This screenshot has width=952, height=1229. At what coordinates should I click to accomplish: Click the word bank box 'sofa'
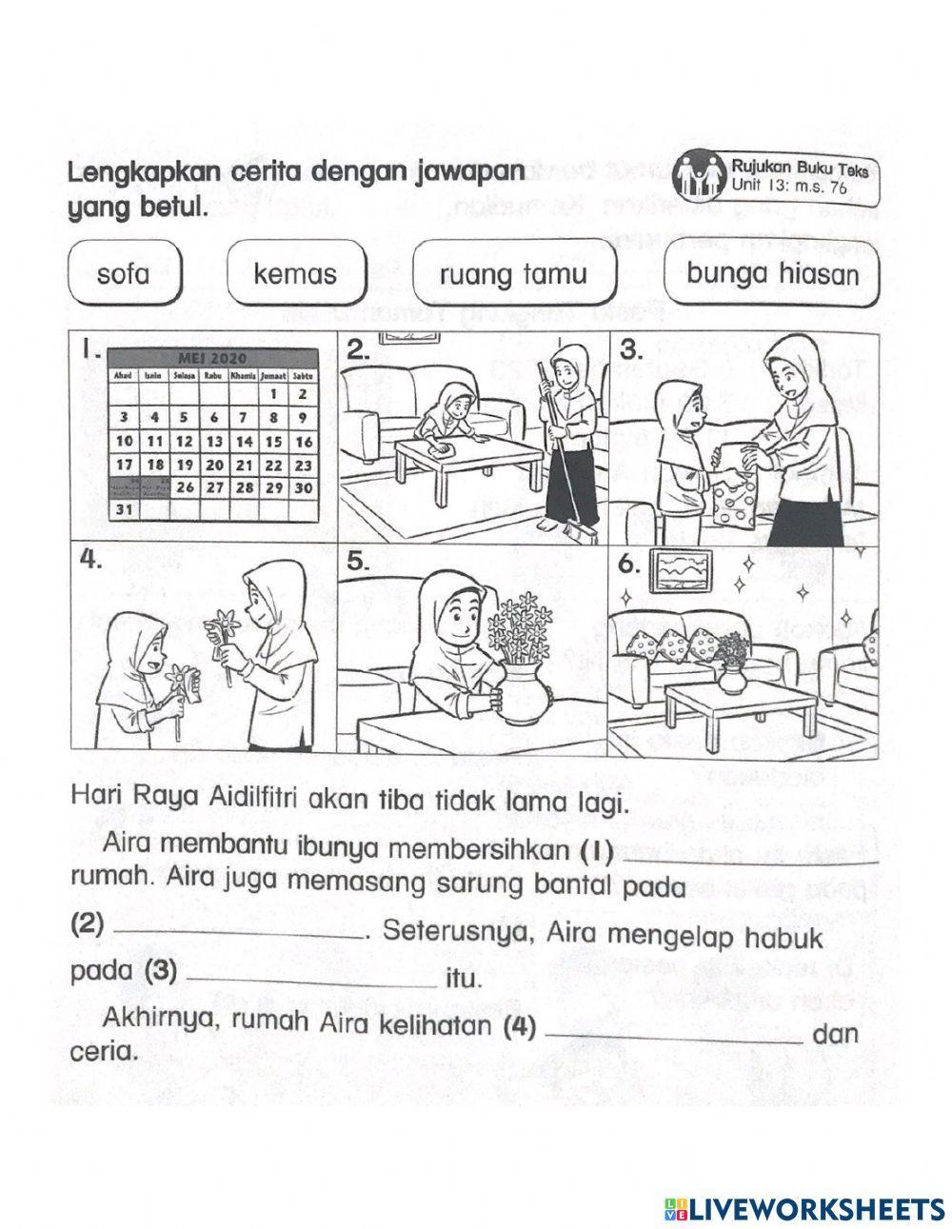(124, 274)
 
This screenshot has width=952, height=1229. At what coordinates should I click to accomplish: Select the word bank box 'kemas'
(295, 274)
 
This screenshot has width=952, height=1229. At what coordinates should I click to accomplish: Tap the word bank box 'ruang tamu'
(512, 275)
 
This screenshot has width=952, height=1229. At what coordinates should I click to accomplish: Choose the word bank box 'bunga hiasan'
(771, 274)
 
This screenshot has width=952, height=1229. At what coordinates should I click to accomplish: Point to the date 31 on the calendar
(123, 509)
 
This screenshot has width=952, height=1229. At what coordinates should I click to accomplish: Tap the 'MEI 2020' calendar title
(211, 358)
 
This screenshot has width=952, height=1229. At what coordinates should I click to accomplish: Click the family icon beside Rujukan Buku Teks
(700, 177)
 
